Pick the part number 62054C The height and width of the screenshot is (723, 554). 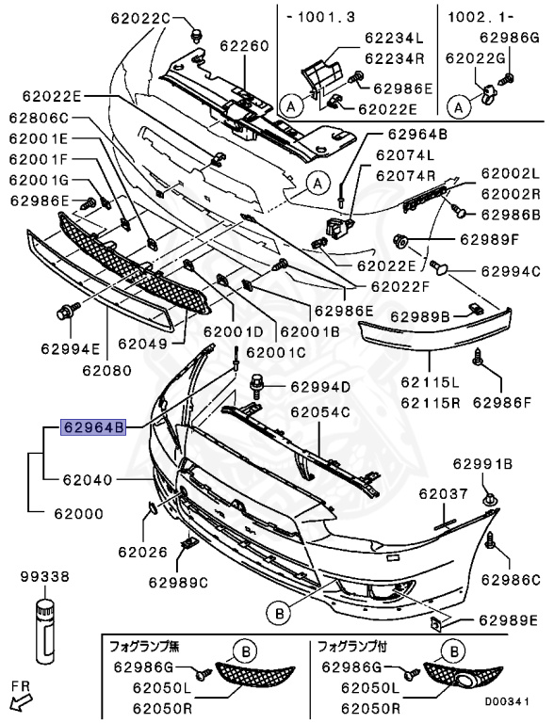(x=319, y=412)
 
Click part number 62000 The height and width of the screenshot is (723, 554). (x=78, y=514)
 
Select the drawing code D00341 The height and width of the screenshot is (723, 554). (x=514, y=700)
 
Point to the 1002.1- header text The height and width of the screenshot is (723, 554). (x=472, y=17)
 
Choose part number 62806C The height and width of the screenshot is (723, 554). (x=40, y=119)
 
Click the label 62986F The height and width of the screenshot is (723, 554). (x=504, y=404)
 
